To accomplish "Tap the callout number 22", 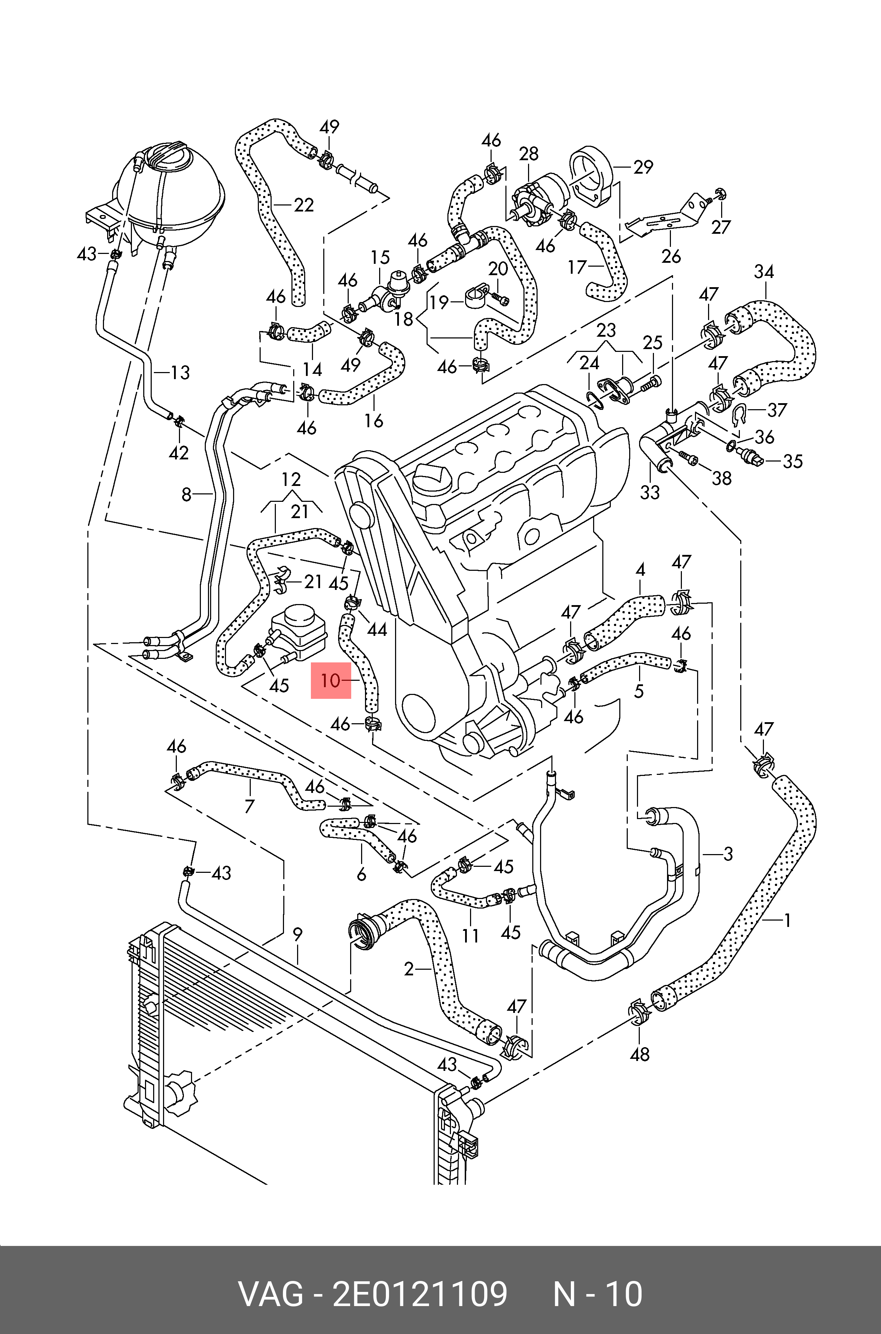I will pos(303,205).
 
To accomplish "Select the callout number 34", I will pos(764,272).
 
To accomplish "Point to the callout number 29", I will pos(643,167).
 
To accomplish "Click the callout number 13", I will pos(180,372).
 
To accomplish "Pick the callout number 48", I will pos(640,1054).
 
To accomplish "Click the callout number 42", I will pos(179,452).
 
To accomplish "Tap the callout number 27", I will pos(720,227).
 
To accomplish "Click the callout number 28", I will pos(529,154).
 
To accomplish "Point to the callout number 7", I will pos(249,806).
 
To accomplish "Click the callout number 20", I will pos(498,269).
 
